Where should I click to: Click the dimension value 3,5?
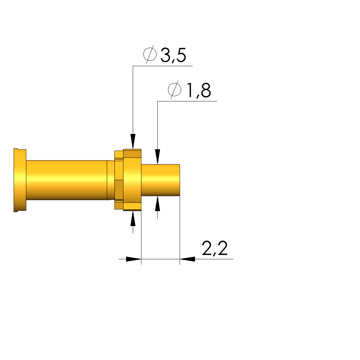click(173, 55)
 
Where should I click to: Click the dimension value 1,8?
click(199, 90)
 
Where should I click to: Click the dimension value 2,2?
click(215, 248)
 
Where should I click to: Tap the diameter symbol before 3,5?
click(150, 55)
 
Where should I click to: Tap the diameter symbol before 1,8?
click(175, 90)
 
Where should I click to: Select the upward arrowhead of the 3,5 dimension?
click(133, 219)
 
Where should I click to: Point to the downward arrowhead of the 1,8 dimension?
click(157, 157)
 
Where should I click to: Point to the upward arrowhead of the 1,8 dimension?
click(157, 203)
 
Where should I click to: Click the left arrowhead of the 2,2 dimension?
click(133, 259)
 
